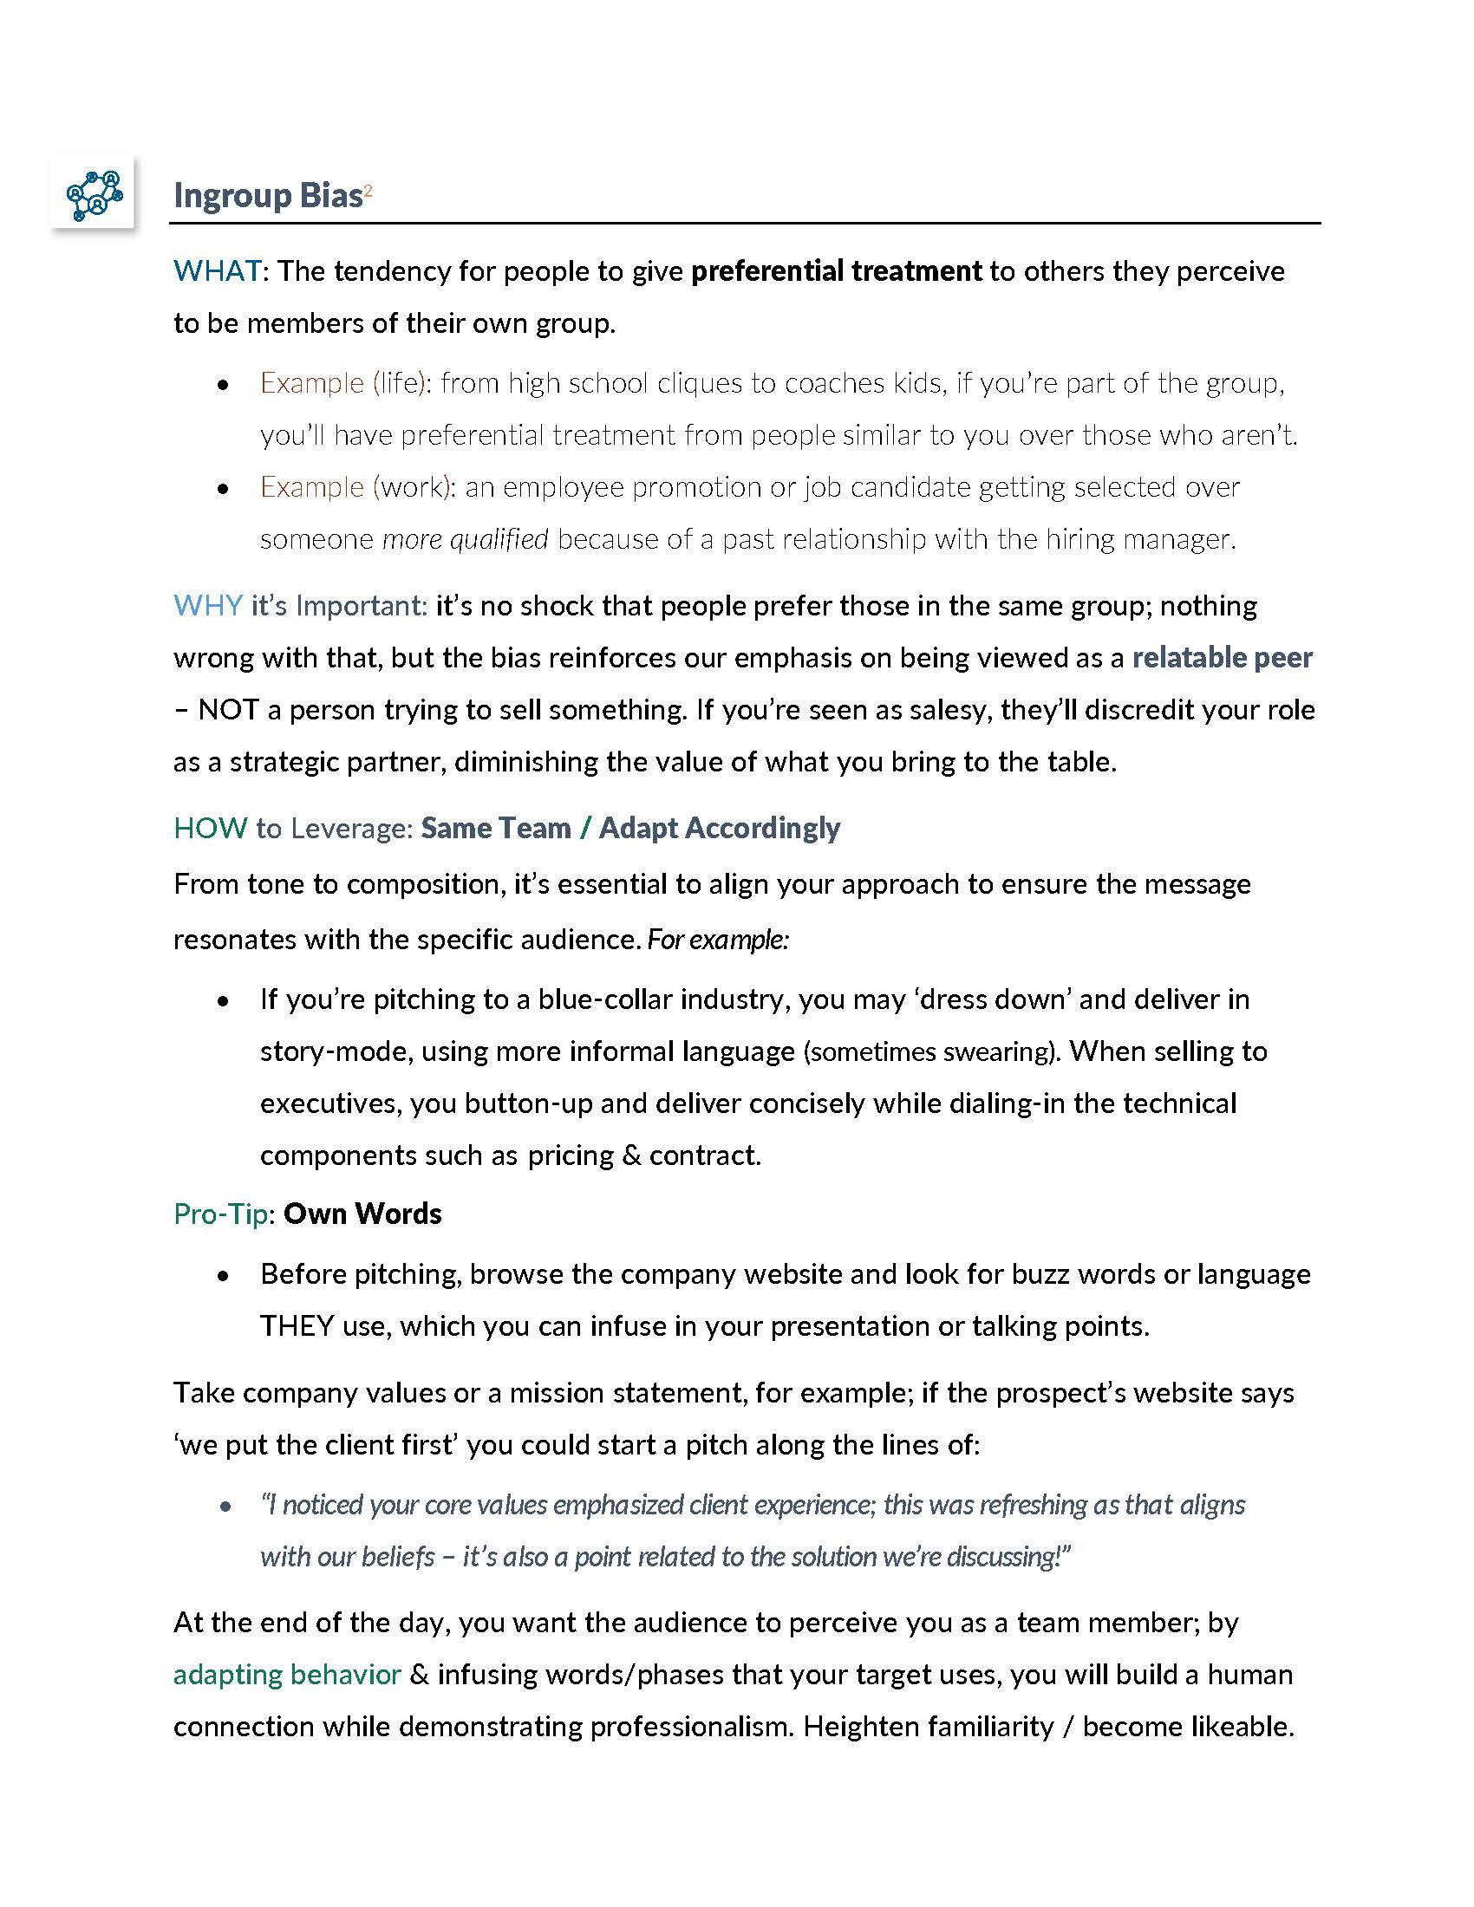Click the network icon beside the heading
point(95,194)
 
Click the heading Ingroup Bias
point(267,196)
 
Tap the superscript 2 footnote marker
point(368,191)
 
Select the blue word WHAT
point(217,271)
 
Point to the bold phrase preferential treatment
point(836,271)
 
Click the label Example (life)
point(342,383)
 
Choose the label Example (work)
point(355,487)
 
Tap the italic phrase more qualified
point(466,540)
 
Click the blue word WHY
point(208,606)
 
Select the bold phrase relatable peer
point(1222,658)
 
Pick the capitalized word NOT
point(228,710)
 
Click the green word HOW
point(211,828)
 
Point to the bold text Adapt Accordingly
point(719,828)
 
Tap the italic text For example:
point(718,940)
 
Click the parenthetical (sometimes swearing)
point(932,1051)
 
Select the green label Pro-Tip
point(220,1214)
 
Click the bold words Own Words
point(362,1214)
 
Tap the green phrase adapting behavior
point(287,1675)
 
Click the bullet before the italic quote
point(225,1507)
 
